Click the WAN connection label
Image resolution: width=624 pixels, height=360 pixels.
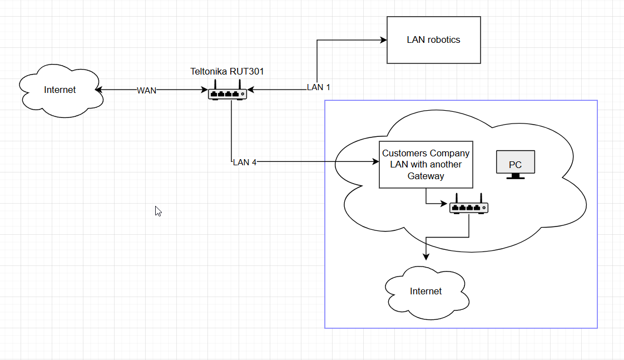click(x=147, y=90)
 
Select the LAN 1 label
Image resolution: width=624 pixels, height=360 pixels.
click(x=319, y=87)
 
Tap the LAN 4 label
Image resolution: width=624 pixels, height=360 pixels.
click(x=245, y=162)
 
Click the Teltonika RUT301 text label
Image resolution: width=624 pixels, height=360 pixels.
click(x=227, y=71)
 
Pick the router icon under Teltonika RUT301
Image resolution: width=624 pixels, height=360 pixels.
click(x=227, y=92)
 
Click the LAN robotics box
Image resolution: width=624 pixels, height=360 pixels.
click(x=433, y=40)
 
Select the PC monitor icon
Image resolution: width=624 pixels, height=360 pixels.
click(x=515, y=164)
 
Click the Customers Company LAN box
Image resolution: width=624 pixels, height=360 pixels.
click(x=425, y=164)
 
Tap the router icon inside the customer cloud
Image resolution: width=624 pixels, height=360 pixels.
click(x=469, y=206)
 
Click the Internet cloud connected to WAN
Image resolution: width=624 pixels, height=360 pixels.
click(x=60, y=90)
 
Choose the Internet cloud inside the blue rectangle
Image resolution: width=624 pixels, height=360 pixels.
click(x=426, y=291)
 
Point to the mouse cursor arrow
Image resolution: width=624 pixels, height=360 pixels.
click(x=158, y=211)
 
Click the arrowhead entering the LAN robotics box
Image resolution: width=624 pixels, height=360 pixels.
click(x=383, y=40)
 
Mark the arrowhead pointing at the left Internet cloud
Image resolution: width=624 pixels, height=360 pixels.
click(x=98, y=90)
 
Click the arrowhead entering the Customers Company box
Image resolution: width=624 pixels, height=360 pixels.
click(x=375, y=162)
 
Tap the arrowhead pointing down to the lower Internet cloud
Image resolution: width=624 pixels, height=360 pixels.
click(x=426, y=257)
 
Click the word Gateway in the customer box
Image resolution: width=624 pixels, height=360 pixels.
click(x=426, y=176)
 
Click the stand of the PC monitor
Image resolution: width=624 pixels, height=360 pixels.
click(x=515, y=176)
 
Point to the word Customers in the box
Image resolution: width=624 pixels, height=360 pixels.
click(x=404, y=153)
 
